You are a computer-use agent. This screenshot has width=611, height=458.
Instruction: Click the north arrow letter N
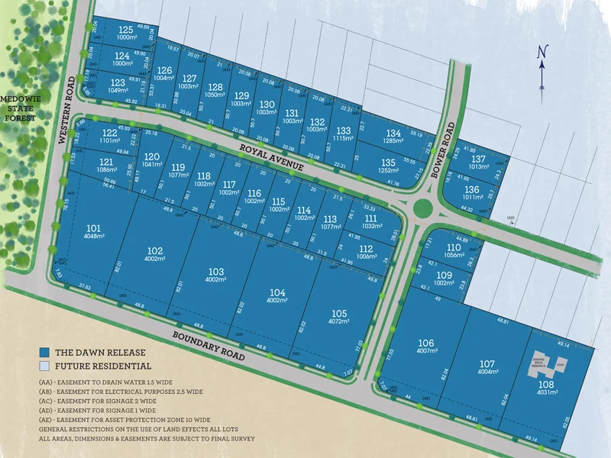[541, 52]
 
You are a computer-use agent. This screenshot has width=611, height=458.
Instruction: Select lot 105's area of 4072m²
[339, 321]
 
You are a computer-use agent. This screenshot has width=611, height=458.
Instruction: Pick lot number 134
[393, 133]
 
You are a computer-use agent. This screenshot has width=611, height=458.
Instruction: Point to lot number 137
[478, 159]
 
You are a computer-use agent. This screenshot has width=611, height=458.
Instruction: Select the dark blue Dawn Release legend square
[46, 353]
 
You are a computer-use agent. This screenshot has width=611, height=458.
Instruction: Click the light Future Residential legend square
[46, 366]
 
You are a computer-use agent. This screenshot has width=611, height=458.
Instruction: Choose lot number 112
[367, 249]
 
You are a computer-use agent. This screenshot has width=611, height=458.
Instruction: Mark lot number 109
[445, 275]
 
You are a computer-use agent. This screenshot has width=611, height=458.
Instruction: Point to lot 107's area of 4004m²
[487, 372]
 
